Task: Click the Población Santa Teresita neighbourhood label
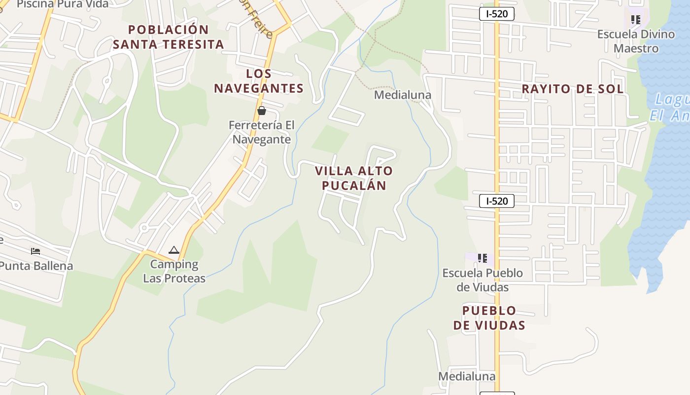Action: pyautogui.click(x=169, y=37)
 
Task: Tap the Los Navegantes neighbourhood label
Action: pyautogui.click(x=258, y=81)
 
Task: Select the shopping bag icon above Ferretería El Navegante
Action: pyautogui.click(x=262, y=111)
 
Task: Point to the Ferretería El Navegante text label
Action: pyautogui.click(x=261, y=132)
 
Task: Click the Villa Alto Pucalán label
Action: pyautogui.click(x=354, y=178)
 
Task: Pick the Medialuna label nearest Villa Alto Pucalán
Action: pyautogui.click(x=403, y=95)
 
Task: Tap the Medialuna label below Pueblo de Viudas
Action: pyautogui.click(x=467, y=376)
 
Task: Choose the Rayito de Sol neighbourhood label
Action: pyautogui.click(x=572, y=89)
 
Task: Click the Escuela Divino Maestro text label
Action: pyautogui.click(x=636, y=41)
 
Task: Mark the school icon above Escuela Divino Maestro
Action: pyautogui.click(x=636, y=20)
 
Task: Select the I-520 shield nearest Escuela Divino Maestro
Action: pyautogui.click(x=496, y=14)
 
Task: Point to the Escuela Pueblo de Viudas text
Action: pyautogui.click(x=483, y=280)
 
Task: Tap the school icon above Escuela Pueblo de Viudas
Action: pyautogui.click(x=483, y=258)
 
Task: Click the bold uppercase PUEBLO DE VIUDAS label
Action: pyautogui.click(x=489, y=318)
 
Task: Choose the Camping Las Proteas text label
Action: pyautogui.click(x=174, y=271)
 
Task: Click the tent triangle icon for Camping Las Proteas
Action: pyautogui.click(x=173, y=250)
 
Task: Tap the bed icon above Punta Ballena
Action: pyautogui.click(x=35, y=251)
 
